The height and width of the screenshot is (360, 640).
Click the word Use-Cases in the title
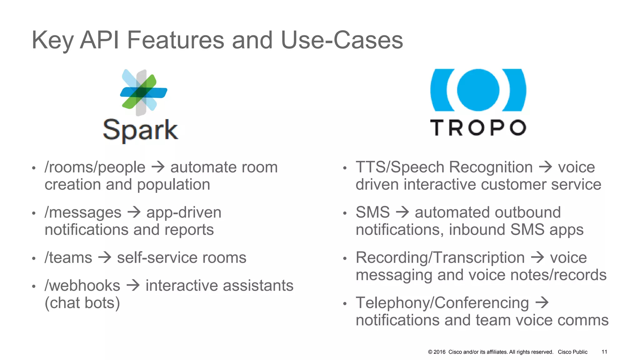click(x=342, y=40)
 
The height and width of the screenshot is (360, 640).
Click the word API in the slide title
click(x=99, y=40)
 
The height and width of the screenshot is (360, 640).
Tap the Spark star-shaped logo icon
click(x=143, y=92)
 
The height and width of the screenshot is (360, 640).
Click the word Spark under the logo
click(x=140, y=130)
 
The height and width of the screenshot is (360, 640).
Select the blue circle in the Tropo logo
click(x=478, y=90)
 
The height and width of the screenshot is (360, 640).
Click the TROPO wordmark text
click(x=478, y=127)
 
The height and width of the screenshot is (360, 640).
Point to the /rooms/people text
click(x=95, y=167)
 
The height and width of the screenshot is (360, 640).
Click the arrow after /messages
click(x=134, y=212)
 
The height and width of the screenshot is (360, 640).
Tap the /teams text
click(x=68, y=258)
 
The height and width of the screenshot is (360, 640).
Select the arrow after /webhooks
click(x=133, y=285)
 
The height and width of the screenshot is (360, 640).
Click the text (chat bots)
click(x=82, y=303)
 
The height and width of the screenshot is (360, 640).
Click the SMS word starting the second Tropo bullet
click(x=372, y=212)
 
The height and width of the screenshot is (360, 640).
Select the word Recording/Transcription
click(x=440, y=258)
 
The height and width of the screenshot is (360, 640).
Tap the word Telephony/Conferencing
click(x=442, y=303)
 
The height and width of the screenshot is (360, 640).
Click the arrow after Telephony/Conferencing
click(x=542, y=302)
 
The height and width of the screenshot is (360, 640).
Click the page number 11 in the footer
click(x=604, y=352)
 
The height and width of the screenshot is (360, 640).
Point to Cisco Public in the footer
click(x=572, y=352)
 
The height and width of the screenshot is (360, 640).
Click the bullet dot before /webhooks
click(x=34, y=287)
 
